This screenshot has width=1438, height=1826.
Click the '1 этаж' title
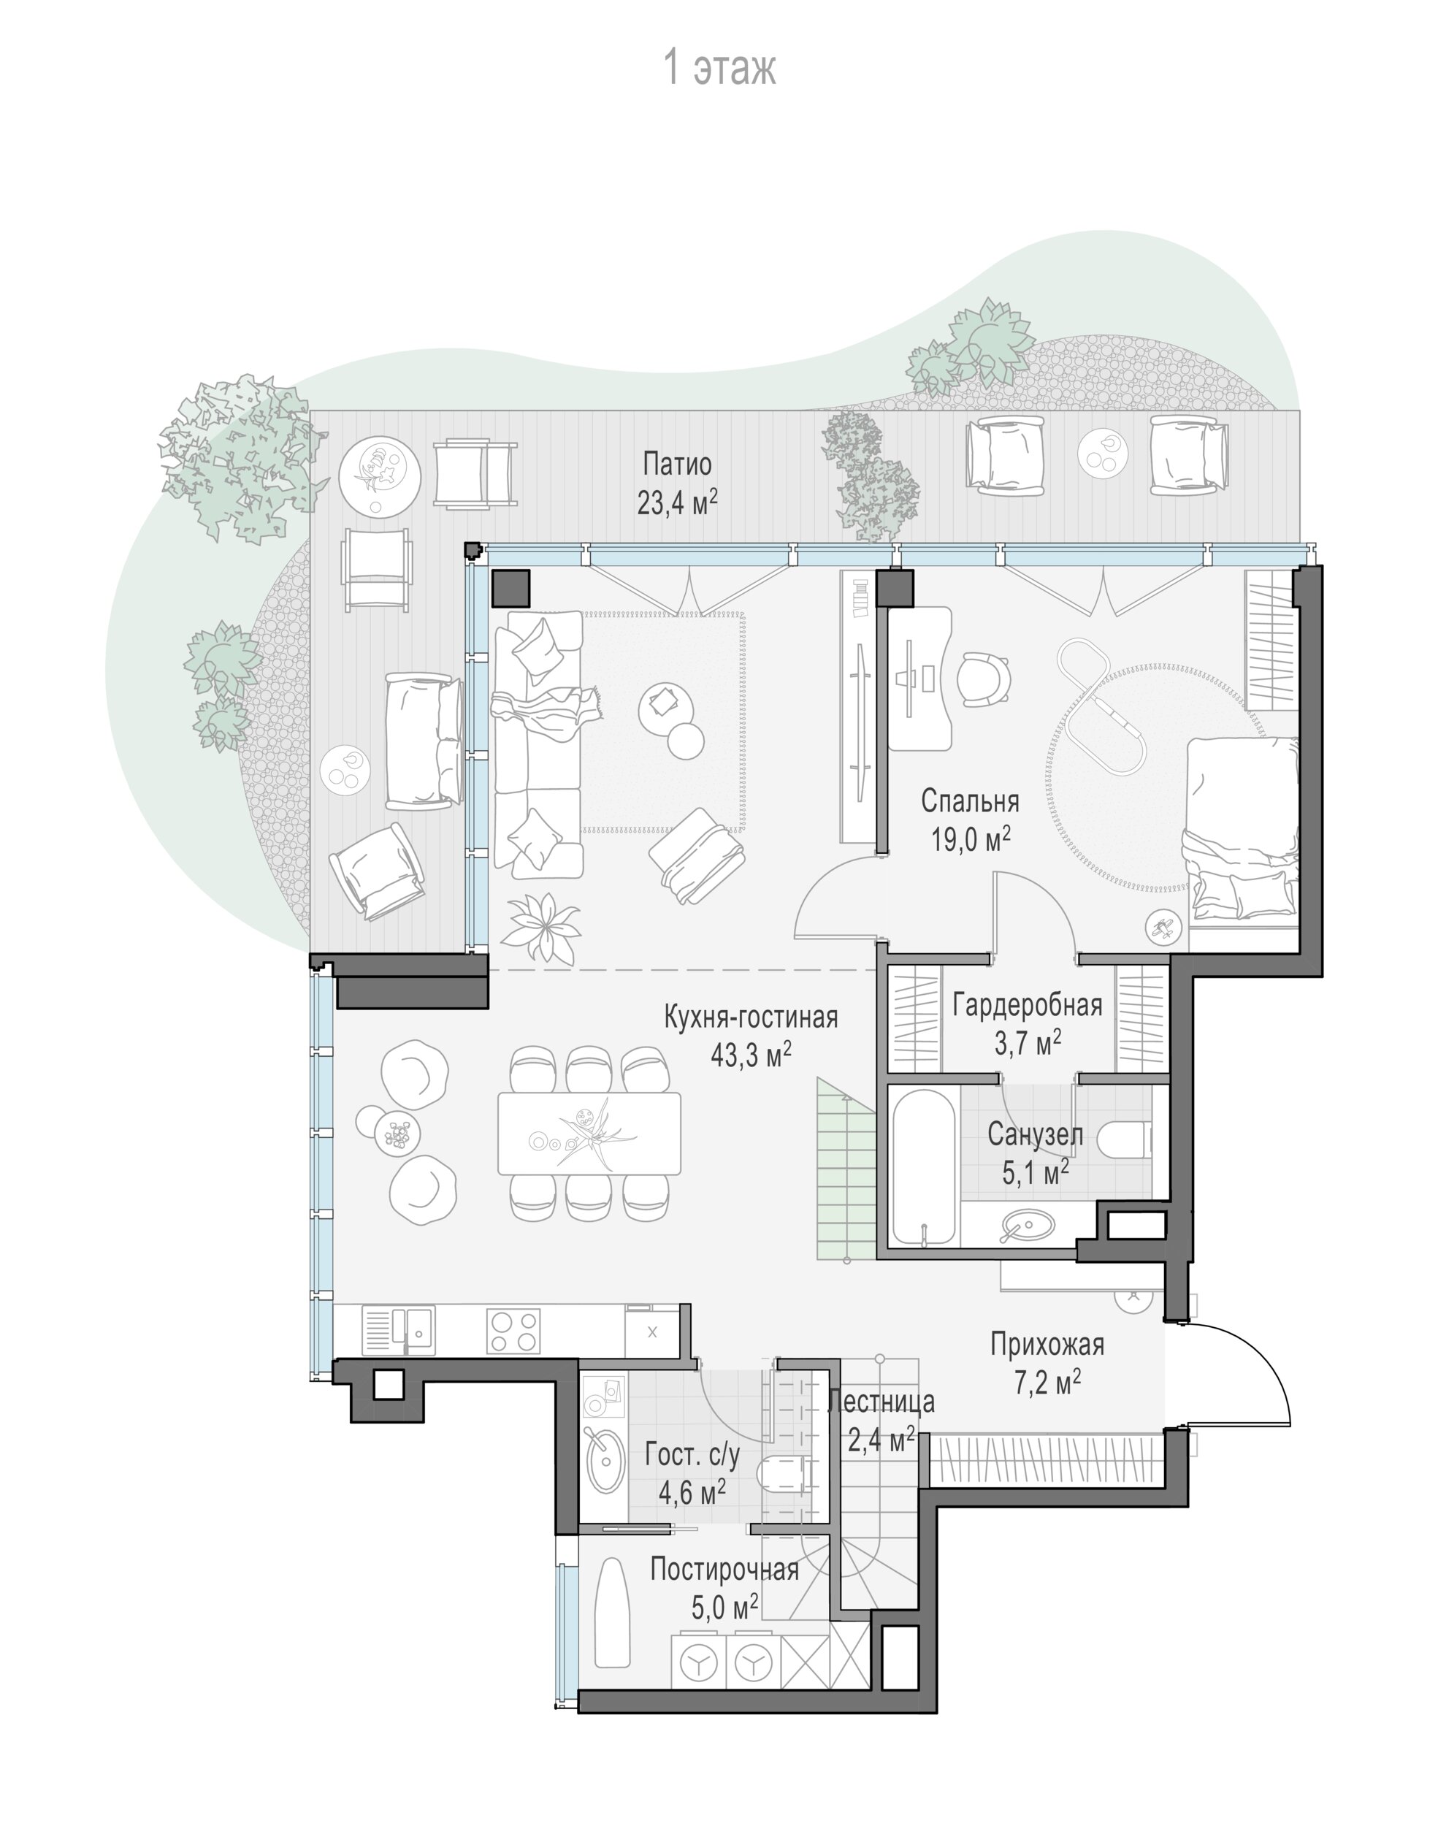pos(720,68)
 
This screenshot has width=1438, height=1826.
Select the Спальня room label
pos(970,801)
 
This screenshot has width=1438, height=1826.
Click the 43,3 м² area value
pos(751,1055)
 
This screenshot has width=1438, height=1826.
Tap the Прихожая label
pos(1047,1345)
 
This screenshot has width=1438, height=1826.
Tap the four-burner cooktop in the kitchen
pos(513,1332)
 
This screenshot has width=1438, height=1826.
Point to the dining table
pos(589,1133)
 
